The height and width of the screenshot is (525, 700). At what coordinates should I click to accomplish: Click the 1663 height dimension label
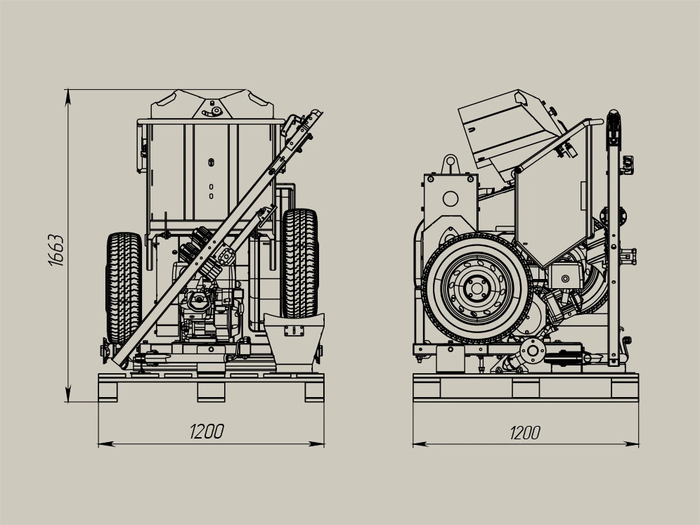(56, 250)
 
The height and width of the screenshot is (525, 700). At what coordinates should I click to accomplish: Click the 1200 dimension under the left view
(207, 432)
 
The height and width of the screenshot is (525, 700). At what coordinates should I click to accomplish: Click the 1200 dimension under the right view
(525, 433)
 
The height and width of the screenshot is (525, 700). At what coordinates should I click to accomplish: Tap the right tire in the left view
(300, 263)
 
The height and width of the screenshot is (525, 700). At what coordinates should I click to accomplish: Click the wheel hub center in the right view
(477, 288)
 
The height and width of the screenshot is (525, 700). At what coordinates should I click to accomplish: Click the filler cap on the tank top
(216, 111)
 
